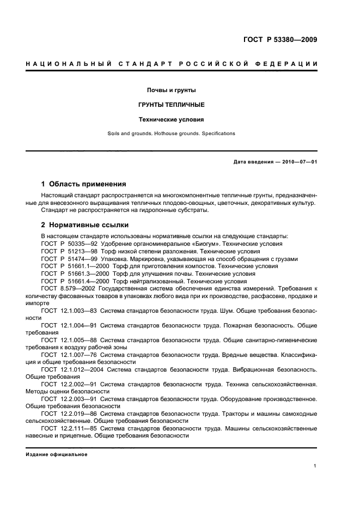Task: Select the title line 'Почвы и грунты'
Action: pos(172,90)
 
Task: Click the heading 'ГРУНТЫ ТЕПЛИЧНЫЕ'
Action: pos(172,104)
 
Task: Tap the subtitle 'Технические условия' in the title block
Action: pos(172,119)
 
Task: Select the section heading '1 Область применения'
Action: pos(84,184)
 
